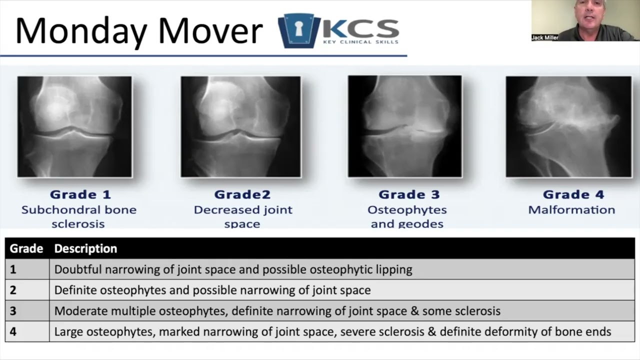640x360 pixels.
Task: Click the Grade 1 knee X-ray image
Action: click(75, 126)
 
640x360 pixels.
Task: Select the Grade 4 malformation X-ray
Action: click(568, 126)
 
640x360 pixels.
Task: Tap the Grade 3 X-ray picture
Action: click(405, 126)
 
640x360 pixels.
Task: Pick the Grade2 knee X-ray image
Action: click(240, 126)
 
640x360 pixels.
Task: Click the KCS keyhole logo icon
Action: click(298, 30)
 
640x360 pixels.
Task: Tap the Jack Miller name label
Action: click(544, 37)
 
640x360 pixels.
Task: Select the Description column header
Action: click(85, 248)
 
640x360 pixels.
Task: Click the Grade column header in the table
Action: click(26, 248)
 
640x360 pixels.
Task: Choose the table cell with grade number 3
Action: click(13, 311)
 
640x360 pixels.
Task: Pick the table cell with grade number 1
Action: click(13, 269)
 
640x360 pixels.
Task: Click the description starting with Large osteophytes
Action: click(332, 331)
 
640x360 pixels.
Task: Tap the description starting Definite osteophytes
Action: click(212, 290)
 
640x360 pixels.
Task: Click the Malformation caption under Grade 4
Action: click(571, 209)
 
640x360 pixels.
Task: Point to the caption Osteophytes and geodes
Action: click(407, 216)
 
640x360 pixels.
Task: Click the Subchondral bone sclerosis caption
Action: click(78, 216)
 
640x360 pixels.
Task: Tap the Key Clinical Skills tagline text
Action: click(360, 42)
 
